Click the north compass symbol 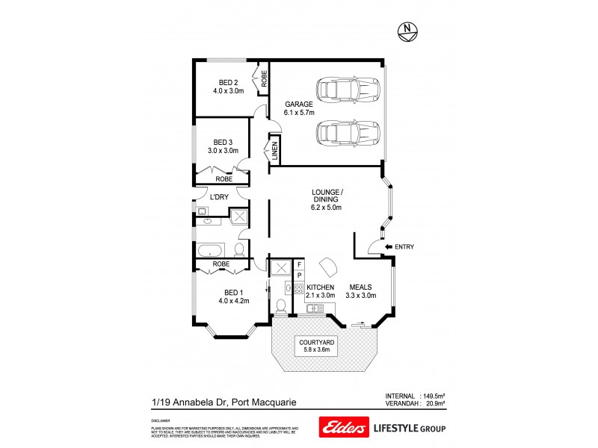coord(407,30)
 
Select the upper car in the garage coord(348,90)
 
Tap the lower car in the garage coord(348,135)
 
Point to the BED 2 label coord(228,83)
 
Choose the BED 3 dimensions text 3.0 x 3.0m coord(223,151)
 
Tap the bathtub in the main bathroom coord(210,249)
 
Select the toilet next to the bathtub coord(239,249)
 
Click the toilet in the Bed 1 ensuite coord(280,306)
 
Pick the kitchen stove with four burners coord(298,288)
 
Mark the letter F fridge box coord(299,264)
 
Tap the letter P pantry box coord(299,276)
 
